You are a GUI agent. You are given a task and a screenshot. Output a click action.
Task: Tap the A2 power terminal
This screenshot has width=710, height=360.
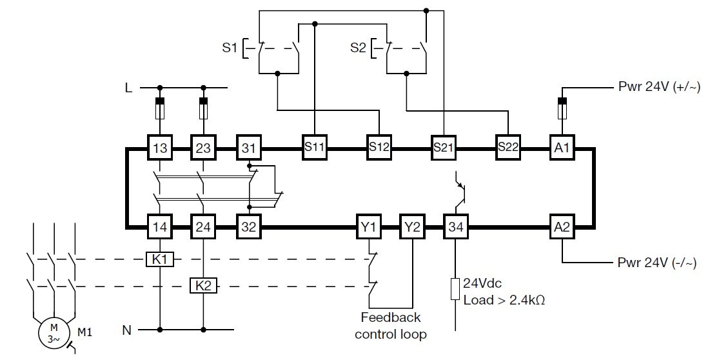(562, 227)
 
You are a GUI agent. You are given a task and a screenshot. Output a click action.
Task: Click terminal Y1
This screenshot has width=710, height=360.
(368, 227)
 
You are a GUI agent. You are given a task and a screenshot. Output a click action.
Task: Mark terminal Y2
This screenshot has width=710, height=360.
(411, 227)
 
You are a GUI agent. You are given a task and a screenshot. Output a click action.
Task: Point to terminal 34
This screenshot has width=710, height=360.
(456, 227)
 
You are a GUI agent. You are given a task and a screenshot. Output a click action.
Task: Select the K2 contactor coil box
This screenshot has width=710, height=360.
(203, 285)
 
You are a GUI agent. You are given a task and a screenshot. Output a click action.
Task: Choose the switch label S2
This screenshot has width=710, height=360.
(358, 48)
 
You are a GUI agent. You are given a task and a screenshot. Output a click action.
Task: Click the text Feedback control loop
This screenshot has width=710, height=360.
(391, 326)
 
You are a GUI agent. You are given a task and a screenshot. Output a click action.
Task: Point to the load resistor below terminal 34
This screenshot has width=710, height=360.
(456, 289)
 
